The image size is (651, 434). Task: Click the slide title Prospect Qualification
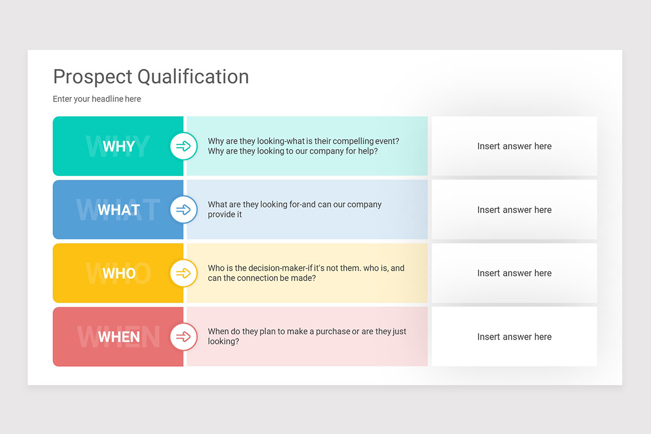coord(151,77)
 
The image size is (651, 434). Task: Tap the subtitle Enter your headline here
coord(97,99)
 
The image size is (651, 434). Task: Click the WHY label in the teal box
coord(118,146)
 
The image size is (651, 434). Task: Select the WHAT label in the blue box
coord(118,210)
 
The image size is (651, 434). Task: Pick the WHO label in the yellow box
coord(119,273)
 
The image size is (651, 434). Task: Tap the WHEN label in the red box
coord(119,337)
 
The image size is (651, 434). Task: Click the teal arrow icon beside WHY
coord(183,146)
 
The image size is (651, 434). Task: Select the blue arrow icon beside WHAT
coord(183,209)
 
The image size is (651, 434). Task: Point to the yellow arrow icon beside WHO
coord(183,273)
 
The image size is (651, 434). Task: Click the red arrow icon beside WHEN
coord(183,336)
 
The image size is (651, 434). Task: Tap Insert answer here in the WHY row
coord(514,146)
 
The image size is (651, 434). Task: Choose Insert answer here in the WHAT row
coord(514,209)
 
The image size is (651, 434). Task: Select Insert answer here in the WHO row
coord(514,273)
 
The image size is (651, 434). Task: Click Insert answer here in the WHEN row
coord(514,336)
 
